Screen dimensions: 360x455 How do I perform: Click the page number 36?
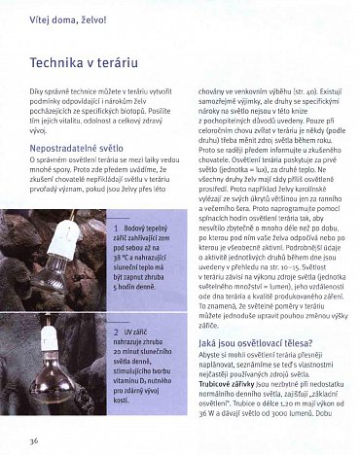(34, 441)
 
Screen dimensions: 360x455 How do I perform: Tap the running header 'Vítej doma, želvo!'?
(66, 17)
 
